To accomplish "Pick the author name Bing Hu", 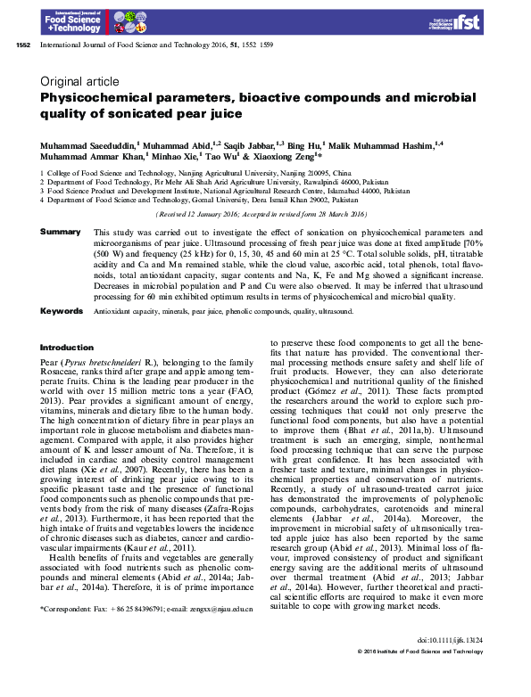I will tap(299, 143).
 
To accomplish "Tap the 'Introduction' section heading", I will tap(67, 348).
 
